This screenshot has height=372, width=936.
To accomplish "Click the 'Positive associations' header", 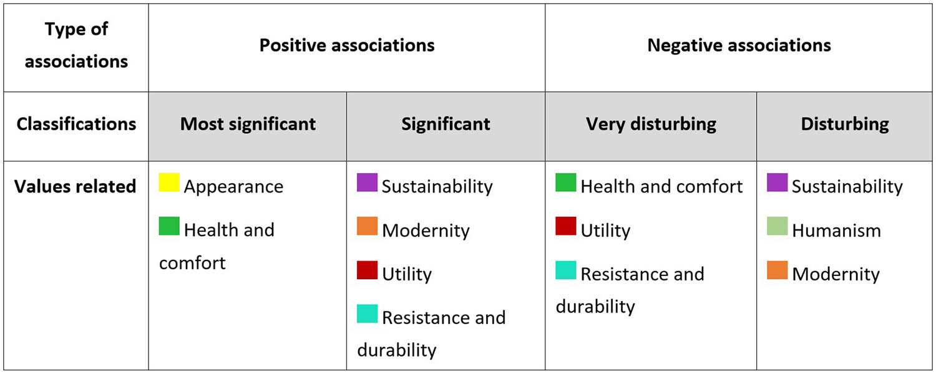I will coord(346,45).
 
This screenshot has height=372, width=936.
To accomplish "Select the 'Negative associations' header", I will coord(739,45).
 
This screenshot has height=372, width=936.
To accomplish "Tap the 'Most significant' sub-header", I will coord(248,124).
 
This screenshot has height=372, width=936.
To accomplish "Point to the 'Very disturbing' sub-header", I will coord(651,124).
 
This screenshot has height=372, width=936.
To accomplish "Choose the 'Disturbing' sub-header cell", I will coord(845,124).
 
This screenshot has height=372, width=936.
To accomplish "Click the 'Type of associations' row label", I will coord(76,45).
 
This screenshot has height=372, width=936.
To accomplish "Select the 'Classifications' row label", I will coord(76,124).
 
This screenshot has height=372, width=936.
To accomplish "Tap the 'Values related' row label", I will coord(76,186).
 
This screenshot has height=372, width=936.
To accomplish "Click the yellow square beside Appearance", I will coord(169,183).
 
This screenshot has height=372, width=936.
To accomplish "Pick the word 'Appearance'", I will coord(233,187).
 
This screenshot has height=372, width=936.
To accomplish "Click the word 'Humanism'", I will coord(836,231).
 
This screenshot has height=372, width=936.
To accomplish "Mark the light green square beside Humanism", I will coord(778,226).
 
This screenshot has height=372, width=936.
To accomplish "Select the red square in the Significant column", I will coord(367,270).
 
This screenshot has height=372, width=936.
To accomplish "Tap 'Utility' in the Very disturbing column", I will coord(605,231).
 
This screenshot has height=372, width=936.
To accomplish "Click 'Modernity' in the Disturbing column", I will coord(836,274).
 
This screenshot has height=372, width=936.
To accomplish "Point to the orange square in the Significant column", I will coord(367,226).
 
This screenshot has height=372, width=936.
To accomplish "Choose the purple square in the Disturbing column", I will coord(778,183).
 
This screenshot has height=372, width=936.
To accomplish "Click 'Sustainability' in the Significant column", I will coord(437,187).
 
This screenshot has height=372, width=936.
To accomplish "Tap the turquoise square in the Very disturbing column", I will coord(566,270).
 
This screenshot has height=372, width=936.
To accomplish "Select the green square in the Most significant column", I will coord(169,226).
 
